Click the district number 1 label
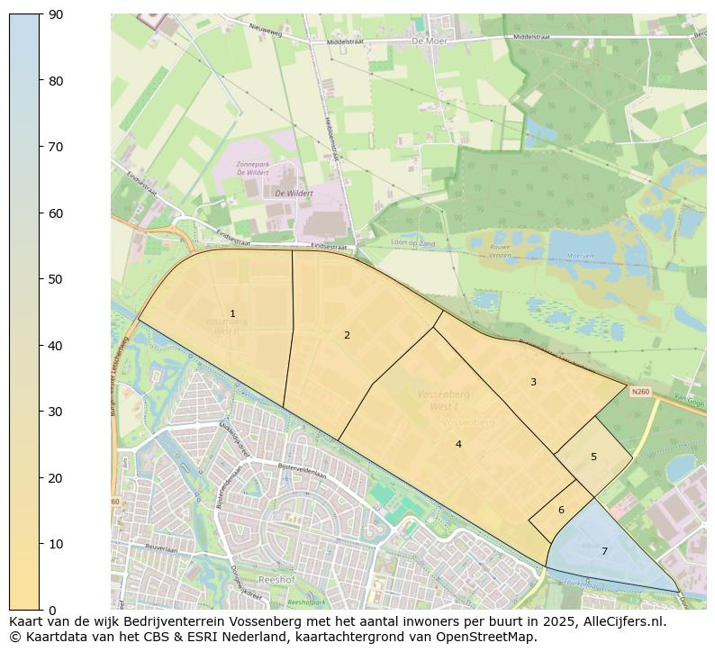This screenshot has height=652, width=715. [232, 314]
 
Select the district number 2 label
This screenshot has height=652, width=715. [347, 335]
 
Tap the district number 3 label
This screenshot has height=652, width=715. [533, 382]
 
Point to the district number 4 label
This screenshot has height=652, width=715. [458, 444]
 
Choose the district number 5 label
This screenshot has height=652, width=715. [593, 457]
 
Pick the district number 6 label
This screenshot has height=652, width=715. [561, 510]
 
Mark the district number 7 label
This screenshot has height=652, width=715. [604, 551]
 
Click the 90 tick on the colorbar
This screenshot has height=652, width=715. [54, 14]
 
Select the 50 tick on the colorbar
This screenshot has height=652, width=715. [54, 279]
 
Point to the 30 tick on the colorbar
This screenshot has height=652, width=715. [54, 412]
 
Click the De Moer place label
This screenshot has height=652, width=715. [430, 41]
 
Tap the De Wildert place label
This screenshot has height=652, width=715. [294, 193]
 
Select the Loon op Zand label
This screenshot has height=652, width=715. [412, 243]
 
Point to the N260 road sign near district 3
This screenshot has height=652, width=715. [640, 392]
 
